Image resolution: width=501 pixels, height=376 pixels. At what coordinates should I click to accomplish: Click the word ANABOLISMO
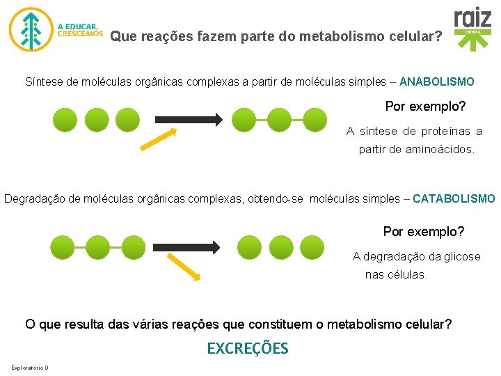[x=437, y=81]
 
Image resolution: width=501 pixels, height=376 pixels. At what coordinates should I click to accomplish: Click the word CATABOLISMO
[x=454, y=198]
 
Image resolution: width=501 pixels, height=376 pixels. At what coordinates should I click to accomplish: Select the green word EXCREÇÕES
[x=247, y=348]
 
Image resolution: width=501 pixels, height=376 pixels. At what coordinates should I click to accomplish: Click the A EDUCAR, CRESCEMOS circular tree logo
[x=30, y=30]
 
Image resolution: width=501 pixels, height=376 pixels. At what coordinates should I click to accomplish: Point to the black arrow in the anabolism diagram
[x=187, y=119]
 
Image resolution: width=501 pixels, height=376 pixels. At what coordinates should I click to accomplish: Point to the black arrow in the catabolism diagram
[x=187, y=247]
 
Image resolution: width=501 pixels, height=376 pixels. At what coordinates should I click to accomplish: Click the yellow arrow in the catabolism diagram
[x=183, y=267]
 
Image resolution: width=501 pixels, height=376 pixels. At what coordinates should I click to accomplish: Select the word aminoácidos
[x=440, y=149]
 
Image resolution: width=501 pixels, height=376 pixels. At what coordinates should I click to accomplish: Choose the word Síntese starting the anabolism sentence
[x=43, y=81]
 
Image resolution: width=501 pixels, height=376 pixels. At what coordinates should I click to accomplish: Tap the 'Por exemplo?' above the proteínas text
[x=425, y=107]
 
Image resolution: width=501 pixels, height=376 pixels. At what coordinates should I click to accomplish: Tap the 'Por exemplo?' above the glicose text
[x=423, y=231]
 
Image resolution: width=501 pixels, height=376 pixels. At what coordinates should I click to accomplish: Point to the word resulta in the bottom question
[x=86, y=324]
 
